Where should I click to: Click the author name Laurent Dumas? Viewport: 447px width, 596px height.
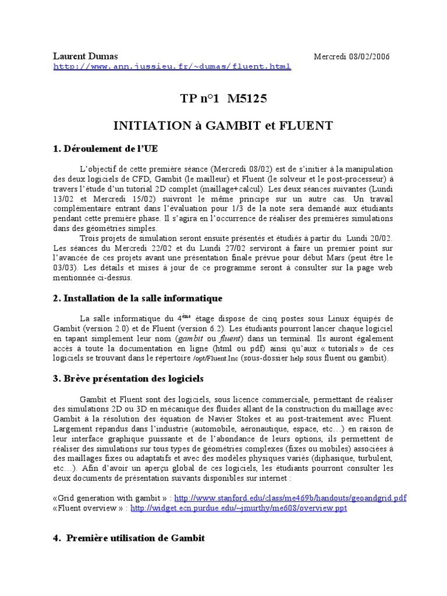(86, 56)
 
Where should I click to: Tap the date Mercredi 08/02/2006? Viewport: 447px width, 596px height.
(352, 56)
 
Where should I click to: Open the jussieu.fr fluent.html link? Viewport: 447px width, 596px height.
(172, 67)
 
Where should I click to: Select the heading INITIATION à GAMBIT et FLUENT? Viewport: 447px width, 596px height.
(223, 126)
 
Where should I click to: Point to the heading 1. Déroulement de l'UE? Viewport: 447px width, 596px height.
(105, 148)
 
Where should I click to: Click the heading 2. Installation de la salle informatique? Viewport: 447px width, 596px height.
(138, 299)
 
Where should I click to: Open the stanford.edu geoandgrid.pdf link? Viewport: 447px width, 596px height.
(290, 498)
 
